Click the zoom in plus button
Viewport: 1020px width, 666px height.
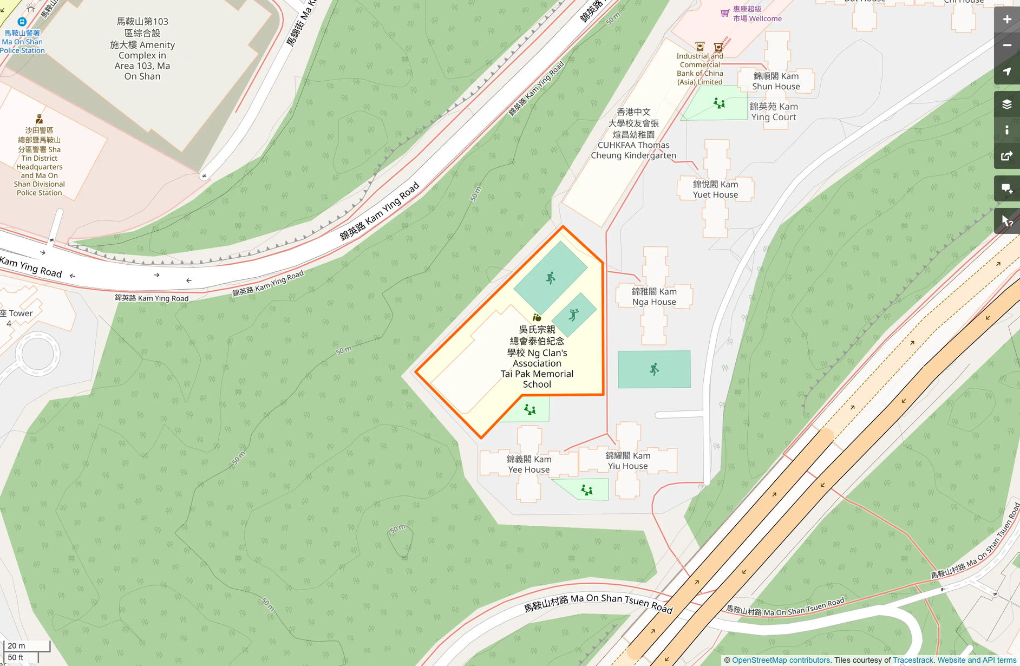[x=1007, y=19]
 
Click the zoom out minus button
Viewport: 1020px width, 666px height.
[x=1007, y=45]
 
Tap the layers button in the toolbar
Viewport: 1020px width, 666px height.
[x=1007, y=104]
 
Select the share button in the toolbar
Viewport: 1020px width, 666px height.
[x=1007, y=156]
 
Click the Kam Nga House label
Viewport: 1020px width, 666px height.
[x=654, y=297]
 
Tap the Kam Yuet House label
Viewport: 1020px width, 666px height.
[x=715, y=190]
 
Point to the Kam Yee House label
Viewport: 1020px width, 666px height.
[x=529, y=465]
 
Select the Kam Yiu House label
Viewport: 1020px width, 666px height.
[x=628, y=461]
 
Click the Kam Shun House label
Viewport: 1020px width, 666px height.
[x=776, y=81]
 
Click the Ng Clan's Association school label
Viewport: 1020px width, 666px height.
[x=537, y=357]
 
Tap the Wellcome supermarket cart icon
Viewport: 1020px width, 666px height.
[x=725, y=14]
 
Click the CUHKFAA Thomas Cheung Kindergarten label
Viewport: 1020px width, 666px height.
[x=633, y=134]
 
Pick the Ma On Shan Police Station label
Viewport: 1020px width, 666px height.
[x=22, y=42]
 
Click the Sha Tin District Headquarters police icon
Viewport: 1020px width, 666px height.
[x=40, y=119]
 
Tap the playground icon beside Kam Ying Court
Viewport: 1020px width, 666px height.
[x=719, y=103]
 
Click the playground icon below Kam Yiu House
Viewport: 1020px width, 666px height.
[x=586, y=490]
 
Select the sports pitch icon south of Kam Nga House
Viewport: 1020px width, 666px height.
[x=654, y=369]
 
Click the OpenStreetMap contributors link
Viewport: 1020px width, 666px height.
[x=781, y=660]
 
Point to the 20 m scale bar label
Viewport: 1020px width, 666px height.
[x=16, y=645]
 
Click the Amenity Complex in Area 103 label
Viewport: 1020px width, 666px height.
[x=142, y=49]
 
